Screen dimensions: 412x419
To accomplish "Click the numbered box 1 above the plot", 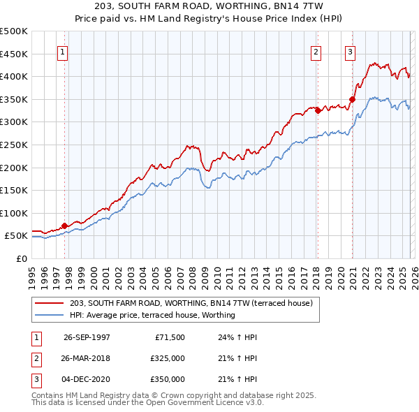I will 63,52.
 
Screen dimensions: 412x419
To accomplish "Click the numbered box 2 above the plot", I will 316,52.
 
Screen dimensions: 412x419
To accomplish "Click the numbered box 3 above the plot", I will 350,52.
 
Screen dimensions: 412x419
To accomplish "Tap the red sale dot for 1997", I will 64,226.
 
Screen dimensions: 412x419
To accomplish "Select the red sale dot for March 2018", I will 317,110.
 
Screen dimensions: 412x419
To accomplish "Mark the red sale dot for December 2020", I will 352,99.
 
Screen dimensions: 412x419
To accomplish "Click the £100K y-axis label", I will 14,213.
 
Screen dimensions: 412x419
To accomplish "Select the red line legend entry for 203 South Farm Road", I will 195,302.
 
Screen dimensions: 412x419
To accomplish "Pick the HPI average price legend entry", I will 152,315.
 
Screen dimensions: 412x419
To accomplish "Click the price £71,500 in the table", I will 170,337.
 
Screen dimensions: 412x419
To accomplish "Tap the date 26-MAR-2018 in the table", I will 87,358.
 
